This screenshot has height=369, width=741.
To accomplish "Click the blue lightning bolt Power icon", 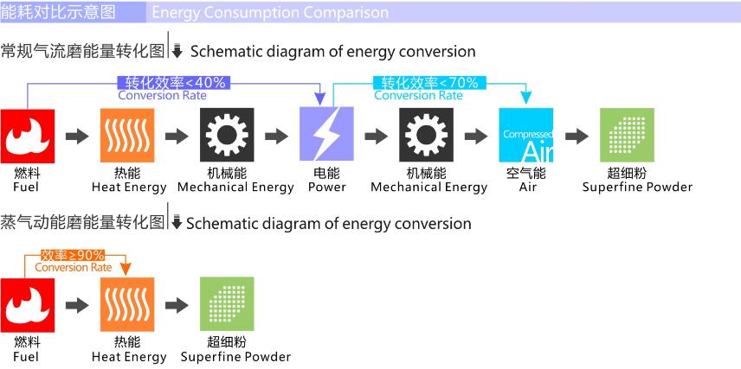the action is (x=326, y=134).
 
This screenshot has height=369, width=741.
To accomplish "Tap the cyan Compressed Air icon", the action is (x=526, y=135).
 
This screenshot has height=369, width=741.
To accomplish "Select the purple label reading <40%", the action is (x=174, y=83).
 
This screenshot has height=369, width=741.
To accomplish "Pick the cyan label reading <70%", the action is (x=430, y=83).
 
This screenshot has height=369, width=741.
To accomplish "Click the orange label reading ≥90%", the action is (x=73, y=255).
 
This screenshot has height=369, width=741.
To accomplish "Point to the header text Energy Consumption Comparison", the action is (x=270, y=12).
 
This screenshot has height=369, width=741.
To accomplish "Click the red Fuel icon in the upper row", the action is (x=28, y=136).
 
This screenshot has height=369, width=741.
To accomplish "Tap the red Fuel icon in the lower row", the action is (x=28, y=305).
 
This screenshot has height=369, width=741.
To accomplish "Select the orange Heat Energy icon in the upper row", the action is (x=127, y=136).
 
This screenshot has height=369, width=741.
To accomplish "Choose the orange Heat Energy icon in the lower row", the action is (x=127, y=305).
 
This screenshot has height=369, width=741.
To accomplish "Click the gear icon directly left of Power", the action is (x=227, y=135).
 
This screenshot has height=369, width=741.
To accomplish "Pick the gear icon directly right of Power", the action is (x=426, y=135).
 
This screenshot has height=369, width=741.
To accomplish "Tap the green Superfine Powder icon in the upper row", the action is (x=627, y=135).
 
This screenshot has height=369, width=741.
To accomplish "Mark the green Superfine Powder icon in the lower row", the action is (x=227, y=304).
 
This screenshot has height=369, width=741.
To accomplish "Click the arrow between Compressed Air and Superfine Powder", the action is (x=577, y=137).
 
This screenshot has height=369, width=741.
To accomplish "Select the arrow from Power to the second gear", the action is (x=377, y=137).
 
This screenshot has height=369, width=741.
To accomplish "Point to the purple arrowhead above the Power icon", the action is (x=320, y=99).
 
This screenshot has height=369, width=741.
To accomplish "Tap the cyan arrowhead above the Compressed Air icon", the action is (x=526, y=98).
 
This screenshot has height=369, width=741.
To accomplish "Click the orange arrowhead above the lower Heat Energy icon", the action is (x=126, y=269).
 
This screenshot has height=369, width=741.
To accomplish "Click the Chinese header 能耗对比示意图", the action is (x=58, y=12).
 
